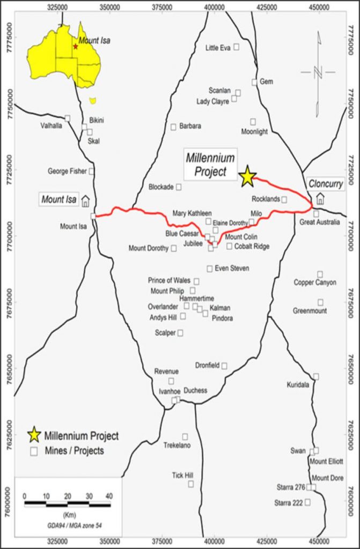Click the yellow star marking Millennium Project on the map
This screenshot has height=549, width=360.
247,176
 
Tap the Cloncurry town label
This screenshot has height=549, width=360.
325,183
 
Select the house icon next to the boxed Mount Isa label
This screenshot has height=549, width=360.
85,201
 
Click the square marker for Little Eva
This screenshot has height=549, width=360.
236,47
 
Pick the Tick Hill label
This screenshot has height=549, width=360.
182,475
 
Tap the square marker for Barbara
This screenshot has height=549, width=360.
173,127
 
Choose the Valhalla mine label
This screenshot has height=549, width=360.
52,125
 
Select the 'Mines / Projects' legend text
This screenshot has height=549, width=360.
74,450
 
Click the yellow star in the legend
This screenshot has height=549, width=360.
34,435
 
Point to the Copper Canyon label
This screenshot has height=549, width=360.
315,282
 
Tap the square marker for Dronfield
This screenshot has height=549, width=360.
224,366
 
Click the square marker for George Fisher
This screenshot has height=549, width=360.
91,171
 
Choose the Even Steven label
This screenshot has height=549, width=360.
232,268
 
